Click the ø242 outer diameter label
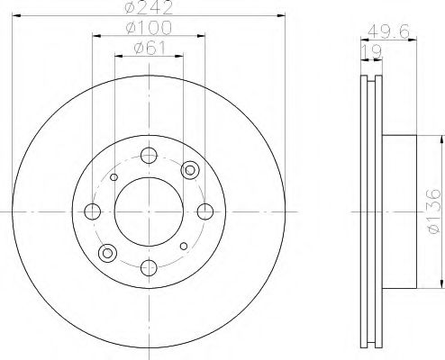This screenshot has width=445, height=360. [149, 10]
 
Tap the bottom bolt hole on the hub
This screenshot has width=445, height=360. [149, 266]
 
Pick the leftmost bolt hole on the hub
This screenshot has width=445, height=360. [93, 211]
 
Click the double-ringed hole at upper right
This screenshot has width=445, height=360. [190, 170]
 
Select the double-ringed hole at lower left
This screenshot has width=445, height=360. [107, 253]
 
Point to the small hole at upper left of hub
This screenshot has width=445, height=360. [114, 178]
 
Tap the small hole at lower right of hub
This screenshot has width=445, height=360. [183, 245]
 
